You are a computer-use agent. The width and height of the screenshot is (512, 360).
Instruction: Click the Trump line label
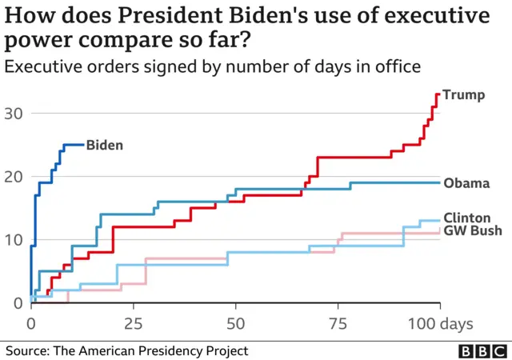coord(464,95)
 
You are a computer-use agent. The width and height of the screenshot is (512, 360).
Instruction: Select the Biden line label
coord(105,145)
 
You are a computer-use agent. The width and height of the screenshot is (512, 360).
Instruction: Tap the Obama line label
coord(466,183)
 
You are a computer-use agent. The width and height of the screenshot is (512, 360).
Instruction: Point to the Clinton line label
coord(468,218)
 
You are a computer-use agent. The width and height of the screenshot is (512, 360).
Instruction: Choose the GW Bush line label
coord(472,231)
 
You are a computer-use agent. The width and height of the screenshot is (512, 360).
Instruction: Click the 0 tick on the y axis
coord(16,303)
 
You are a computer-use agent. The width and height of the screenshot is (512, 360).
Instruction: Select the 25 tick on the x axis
coord(133,324)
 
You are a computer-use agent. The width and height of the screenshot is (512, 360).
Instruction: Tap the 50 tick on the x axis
coord(235,324)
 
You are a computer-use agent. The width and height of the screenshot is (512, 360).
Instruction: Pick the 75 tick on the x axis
coord(338,324)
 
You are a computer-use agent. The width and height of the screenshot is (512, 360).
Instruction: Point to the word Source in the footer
coord(28,351)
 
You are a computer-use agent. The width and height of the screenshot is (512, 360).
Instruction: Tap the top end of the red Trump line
coord(438,94)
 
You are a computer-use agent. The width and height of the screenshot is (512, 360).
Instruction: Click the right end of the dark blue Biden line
coord(82,145)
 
